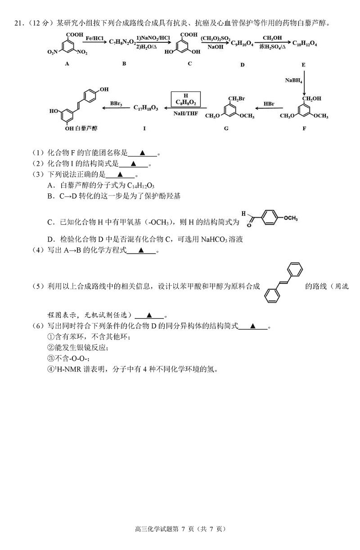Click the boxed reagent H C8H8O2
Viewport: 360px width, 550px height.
pyautogui.click(x=184, y=99)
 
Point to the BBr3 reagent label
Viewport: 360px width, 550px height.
pyautogui.click(x=116, y=103)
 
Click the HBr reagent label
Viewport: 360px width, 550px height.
pyautogui.click(x=269, y=104)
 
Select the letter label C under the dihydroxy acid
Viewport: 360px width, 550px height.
pyautogui.click(x=190, y=63)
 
